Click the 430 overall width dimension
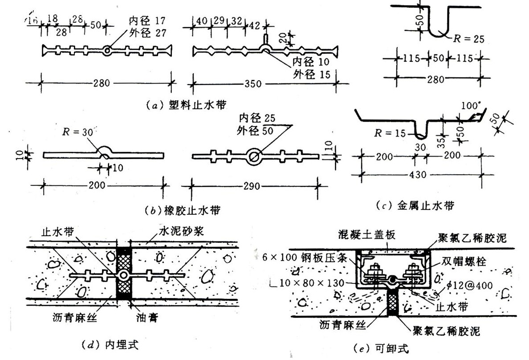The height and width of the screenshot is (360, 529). point(420,175)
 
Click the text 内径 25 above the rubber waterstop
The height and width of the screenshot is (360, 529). point(256,119)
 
